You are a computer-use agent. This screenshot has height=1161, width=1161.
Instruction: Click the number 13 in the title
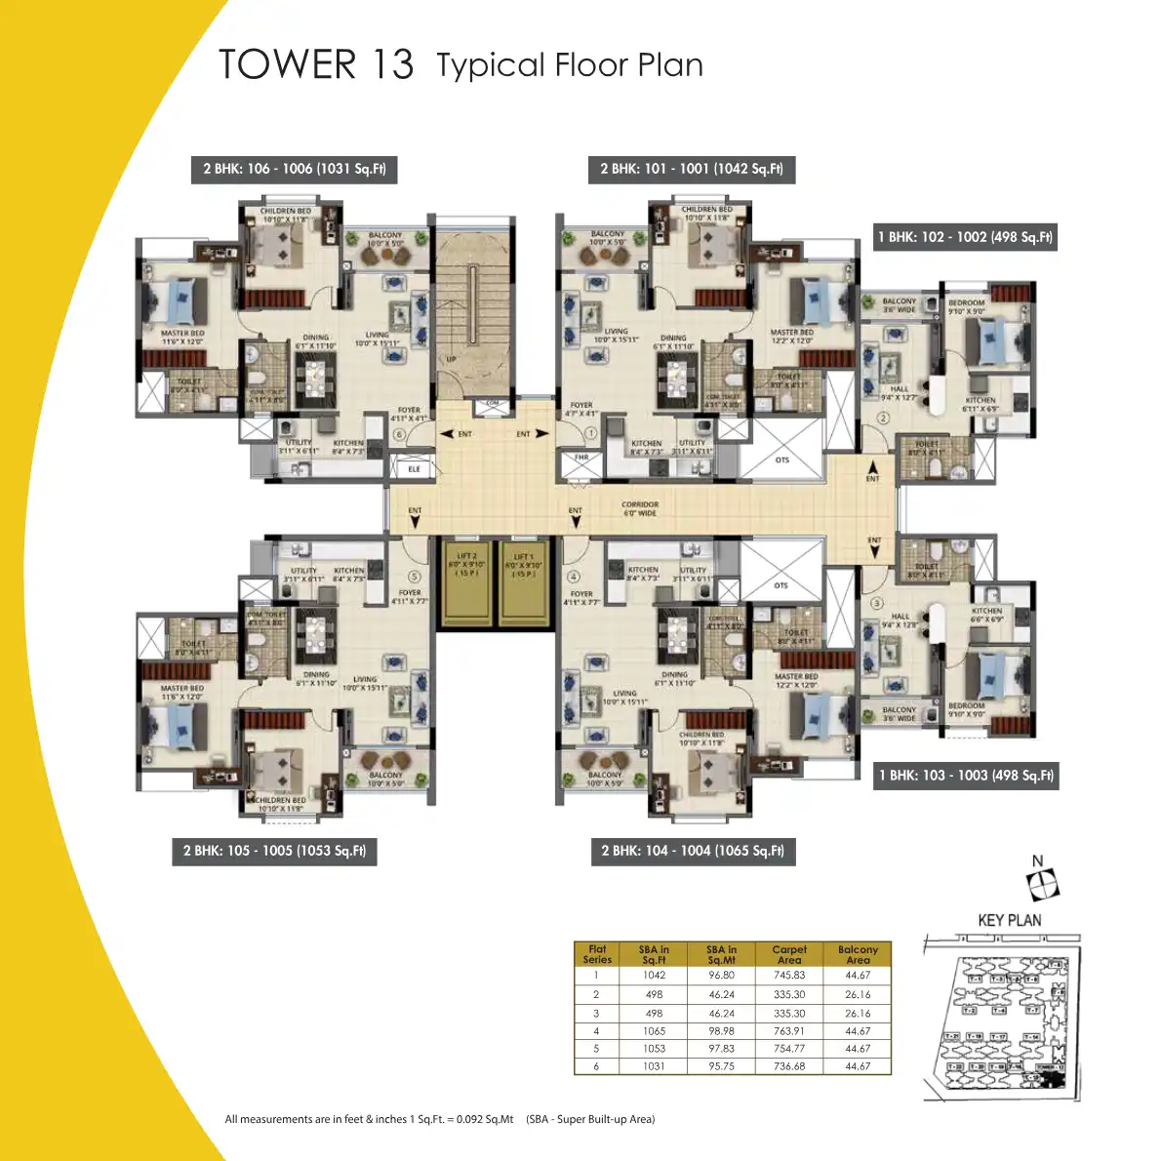tap(392, 64)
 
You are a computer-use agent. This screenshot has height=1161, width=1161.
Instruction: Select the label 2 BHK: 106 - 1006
tap(294, 169)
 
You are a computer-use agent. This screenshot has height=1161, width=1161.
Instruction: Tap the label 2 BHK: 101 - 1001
tap(691, 169)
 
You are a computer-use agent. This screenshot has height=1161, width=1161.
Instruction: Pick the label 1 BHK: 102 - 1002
tap(965, 237)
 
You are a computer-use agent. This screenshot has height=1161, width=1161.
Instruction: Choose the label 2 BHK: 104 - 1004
tap(692, 851)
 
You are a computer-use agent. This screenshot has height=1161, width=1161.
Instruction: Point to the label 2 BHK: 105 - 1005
tap(274, 851)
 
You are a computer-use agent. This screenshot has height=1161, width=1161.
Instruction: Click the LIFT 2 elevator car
tap(466, 582)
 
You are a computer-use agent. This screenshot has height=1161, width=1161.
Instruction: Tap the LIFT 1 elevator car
tap(524, 582)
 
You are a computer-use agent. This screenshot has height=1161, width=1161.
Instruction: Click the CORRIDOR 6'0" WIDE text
tap(640, 508)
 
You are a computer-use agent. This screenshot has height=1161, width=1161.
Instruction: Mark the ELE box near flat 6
tap(414, 469)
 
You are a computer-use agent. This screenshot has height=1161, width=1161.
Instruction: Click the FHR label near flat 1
tap(581, 458)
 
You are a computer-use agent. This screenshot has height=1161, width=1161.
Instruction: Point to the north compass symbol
tap(1042, 884)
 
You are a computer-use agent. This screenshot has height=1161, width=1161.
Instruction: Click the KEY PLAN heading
tap(1009, 920)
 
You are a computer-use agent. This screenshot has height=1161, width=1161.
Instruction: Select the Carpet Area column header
tap(788, 954)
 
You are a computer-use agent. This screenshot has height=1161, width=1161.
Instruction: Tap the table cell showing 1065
tap(654, 1031)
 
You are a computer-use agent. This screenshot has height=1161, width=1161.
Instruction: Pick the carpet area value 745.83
tap(788, 976)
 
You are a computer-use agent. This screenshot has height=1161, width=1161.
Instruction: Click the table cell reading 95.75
tap(721, 1066)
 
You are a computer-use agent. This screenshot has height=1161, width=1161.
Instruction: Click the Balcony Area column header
tap(858, 954)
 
